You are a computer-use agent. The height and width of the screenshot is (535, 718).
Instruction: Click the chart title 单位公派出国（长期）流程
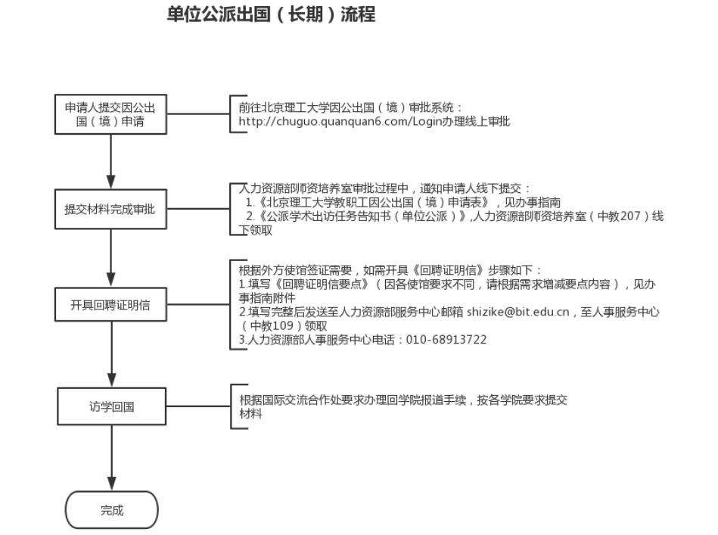click(271, 14)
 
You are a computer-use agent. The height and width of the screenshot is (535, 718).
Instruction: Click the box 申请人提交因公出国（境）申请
click(110, 114)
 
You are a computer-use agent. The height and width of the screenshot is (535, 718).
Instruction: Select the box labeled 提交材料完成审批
click(110, 209)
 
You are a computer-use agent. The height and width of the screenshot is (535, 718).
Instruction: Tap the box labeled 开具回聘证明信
click(110, 305)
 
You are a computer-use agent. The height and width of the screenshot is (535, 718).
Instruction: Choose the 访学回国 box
click(111, 406)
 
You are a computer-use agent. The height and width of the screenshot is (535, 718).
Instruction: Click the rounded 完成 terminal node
click(112, 510)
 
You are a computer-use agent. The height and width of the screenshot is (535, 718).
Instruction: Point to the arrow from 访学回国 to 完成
click(112, 458)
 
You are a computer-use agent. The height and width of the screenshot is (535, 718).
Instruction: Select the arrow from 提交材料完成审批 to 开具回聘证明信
click(110, 258)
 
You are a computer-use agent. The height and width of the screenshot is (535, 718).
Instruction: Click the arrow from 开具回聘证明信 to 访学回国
click(112, 355)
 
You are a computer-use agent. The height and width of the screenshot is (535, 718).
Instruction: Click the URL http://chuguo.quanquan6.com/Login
click(340, 121)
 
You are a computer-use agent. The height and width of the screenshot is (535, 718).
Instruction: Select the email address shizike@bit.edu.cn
click(518, 312)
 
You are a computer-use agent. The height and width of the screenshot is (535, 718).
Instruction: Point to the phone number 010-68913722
click(446, 340)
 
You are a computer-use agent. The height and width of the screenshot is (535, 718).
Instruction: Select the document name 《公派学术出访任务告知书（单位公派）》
click(362, 216)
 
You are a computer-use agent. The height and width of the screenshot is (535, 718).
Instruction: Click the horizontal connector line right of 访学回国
click(198, 406)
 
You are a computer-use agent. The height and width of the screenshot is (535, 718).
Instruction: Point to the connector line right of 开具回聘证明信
click(198, 304)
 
